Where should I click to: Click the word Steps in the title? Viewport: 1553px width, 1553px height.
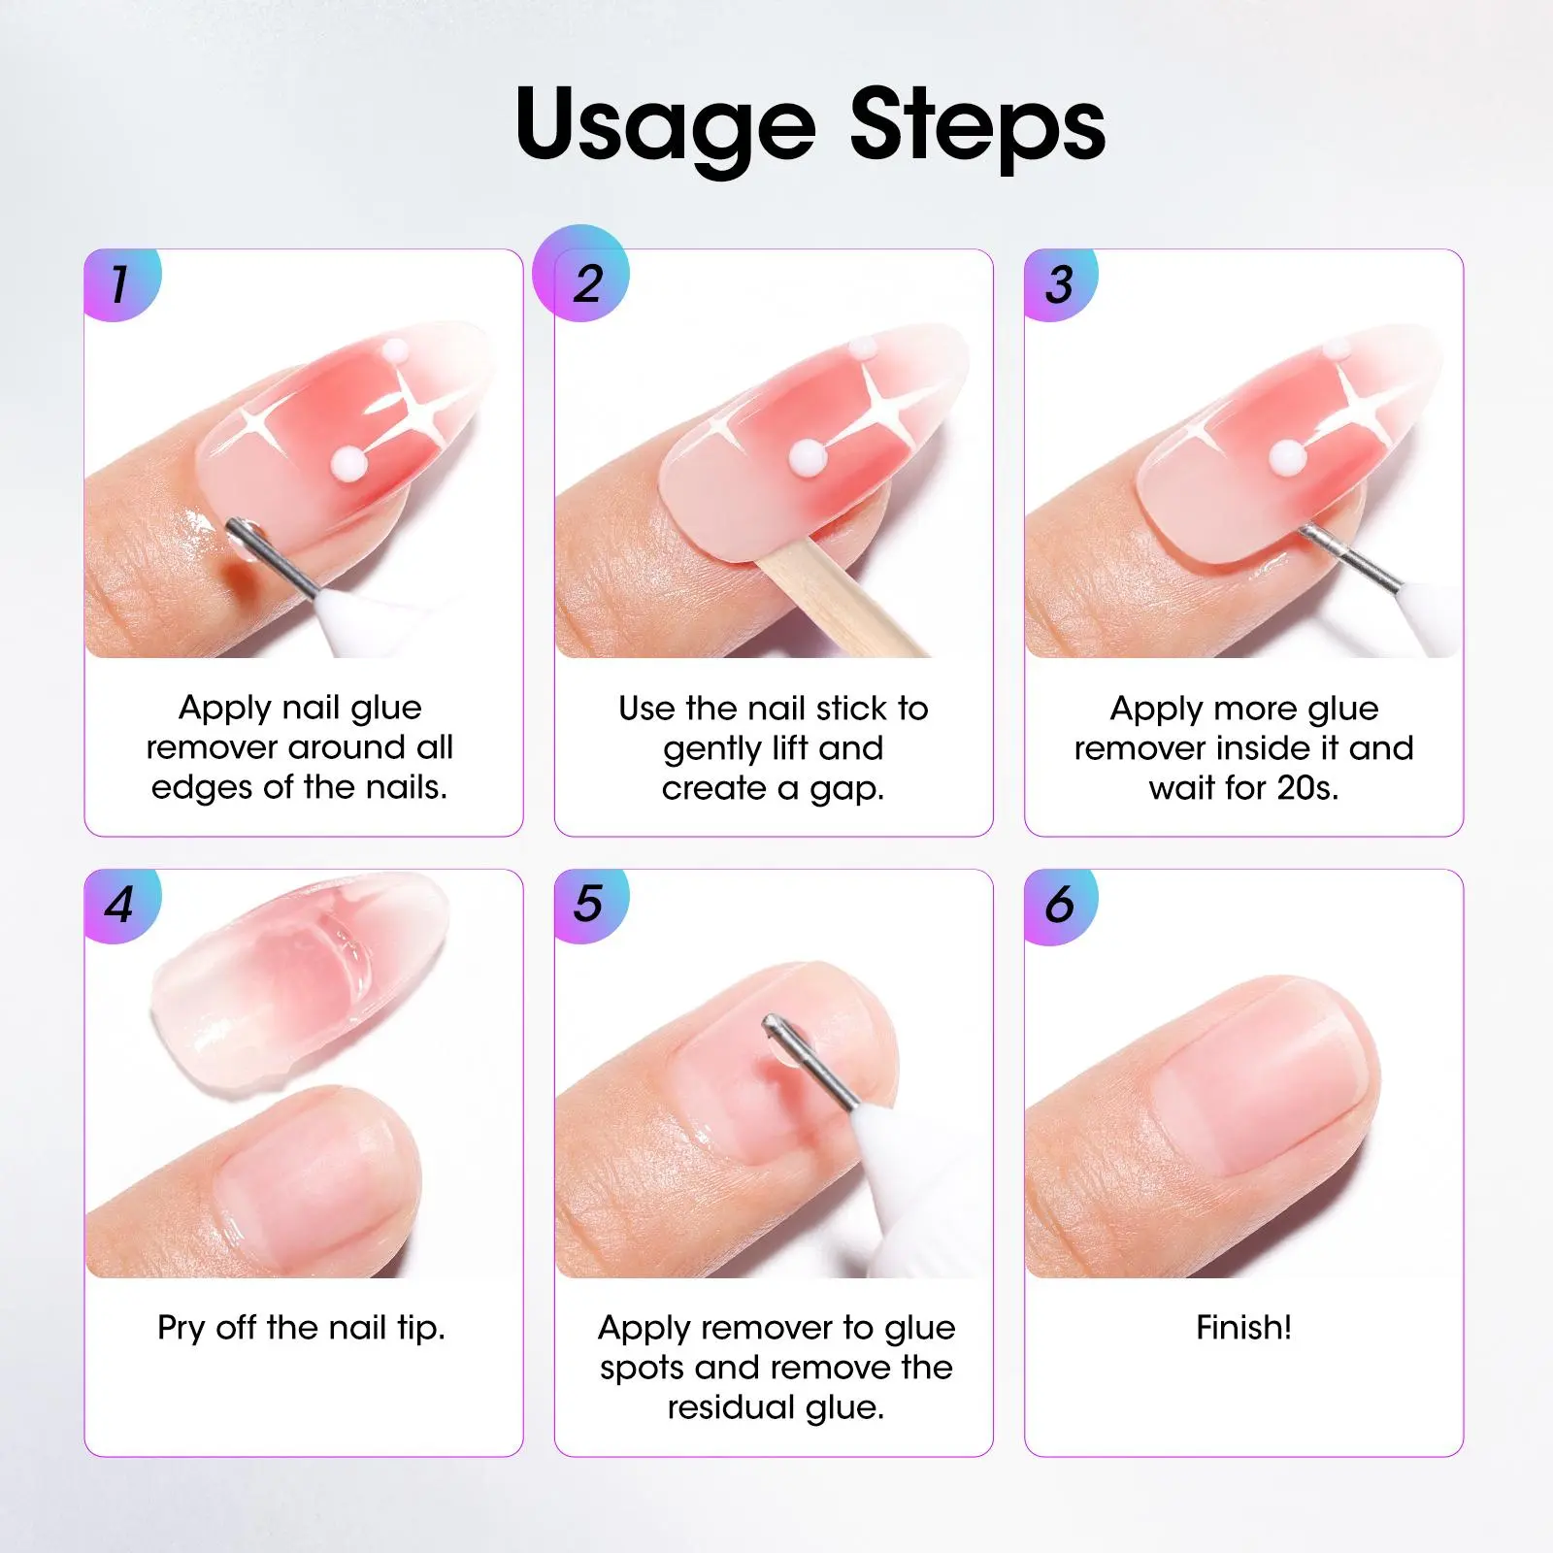pyautogui.click(x=977, y=124)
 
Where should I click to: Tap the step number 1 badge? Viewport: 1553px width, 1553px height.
pyautogui.click(x=122, y=284)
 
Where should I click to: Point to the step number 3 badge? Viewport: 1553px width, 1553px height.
pyautogui.click(x=1061, y=284)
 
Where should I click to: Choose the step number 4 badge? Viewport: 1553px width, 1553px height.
pyautogui.click(x=122, y=906)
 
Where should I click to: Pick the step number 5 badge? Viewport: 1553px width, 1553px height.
pyautogui.click(x=591, y=906)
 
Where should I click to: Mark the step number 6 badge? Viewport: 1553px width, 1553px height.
pyautogui.click(x=1061, y=906)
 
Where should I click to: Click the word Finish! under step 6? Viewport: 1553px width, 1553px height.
pyautogui.click(x=1243, y=1327)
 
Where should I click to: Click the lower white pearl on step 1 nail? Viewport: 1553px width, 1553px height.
pyautogui.click(x=345, y=461)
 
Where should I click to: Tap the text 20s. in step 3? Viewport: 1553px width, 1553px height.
pyautogui.click(x=1307, y=787)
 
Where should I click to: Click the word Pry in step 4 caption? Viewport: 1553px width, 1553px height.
pyautogui.click(x=182, y=1328)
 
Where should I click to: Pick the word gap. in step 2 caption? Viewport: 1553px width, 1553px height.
pyautogui.click(x=847, y=790)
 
